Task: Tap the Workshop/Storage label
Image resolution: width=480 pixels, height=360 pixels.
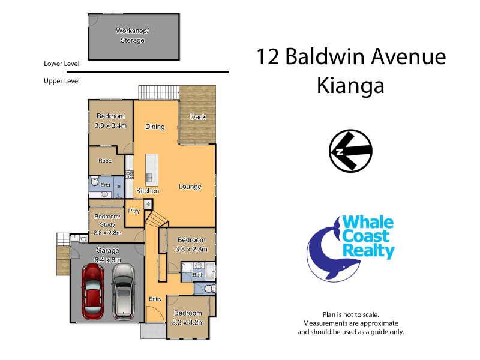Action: [x=132, y=35]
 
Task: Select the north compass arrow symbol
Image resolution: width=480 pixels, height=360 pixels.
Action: [x=350, y=151]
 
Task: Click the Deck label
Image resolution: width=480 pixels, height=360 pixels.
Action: [x=198, y=117]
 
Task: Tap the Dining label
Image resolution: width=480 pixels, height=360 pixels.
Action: [x=155, y=127]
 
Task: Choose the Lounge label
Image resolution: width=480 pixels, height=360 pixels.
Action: [x=190, y=187]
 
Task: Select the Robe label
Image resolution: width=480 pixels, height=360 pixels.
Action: [x=105, y=161]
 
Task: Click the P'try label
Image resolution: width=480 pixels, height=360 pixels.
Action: [x=134, y=211]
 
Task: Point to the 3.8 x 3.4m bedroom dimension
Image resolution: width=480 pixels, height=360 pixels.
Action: [x=110, y=125]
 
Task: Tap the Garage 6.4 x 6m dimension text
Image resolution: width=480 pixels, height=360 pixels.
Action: [x=109, y=259]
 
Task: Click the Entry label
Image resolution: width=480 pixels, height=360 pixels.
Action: [x=155, y=299]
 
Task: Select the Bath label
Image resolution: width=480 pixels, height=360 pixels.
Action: [x=199, y=275]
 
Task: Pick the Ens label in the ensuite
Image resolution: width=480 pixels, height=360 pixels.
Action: [x=105, y=185]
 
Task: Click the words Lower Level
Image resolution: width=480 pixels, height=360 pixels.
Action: [x=62, y=63]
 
